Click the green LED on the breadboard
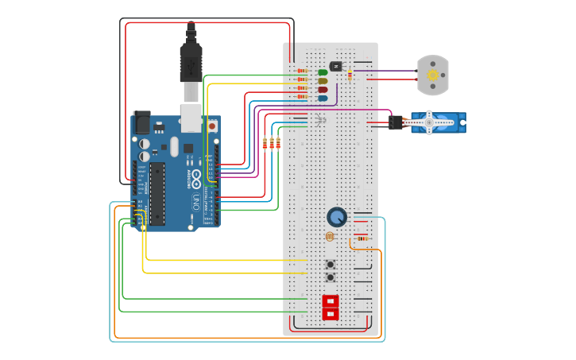[x=323, y=72]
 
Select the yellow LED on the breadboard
[x=323, y=81]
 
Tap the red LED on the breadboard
[x=323, y=90]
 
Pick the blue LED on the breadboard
[x=323, y=99]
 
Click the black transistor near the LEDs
[x=335, y=66]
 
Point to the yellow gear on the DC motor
[x=433, y=75]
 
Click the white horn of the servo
[x=429, y=122]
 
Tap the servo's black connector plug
[x=395, y=122]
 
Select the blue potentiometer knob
[x=337, y=217]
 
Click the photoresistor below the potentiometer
[x=330, y=236]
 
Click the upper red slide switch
[x=330, y=301]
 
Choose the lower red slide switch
[x=330, y=314]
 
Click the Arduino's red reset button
[x=212, y=126]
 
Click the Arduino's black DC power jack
[x=141, y=122]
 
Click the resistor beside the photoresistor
[x=361, y=238]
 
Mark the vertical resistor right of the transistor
[x=350, y=75]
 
